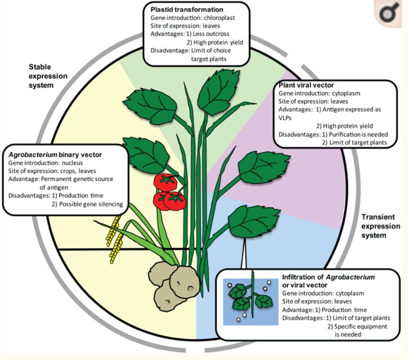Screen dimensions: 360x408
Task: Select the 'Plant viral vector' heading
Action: click(306, 85)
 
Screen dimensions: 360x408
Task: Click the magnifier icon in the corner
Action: click(391, 14)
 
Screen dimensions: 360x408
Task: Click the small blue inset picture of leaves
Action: click(250, 297)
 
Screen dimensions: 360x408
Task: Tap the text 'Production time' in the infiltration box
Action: click(345, 310)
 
